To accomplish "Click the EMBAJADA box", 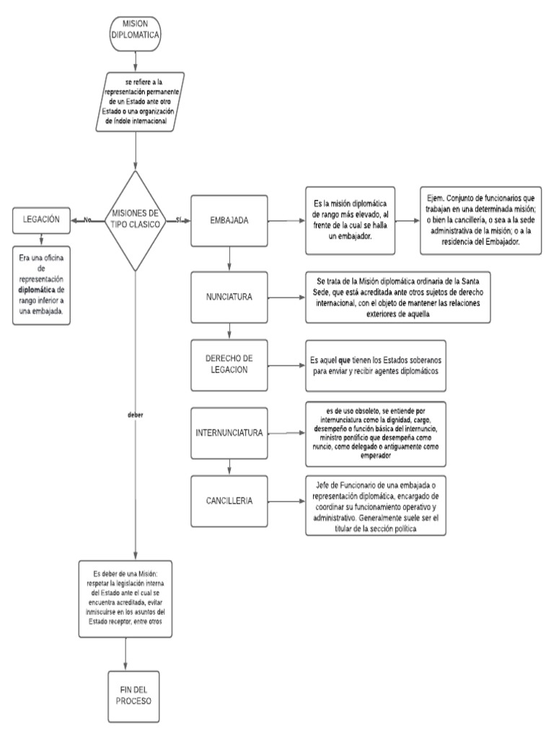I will [x=229, y=220].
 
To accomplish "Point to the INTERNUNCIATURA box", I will [x=229, y=434].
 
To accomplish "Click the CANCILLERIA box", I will [x=229, y=501].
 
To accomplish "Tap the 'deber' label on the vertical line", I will [x=135, y=415].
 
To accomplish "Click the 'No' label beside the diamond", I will [x=88, y=219].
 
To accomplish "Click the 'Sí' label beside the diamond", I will [x=178, y=219].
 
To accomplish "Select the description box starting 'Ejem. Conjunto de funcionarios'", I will [x=481, y=219].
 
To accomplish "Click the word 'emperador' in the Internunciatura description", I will [x=373, y=457].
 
